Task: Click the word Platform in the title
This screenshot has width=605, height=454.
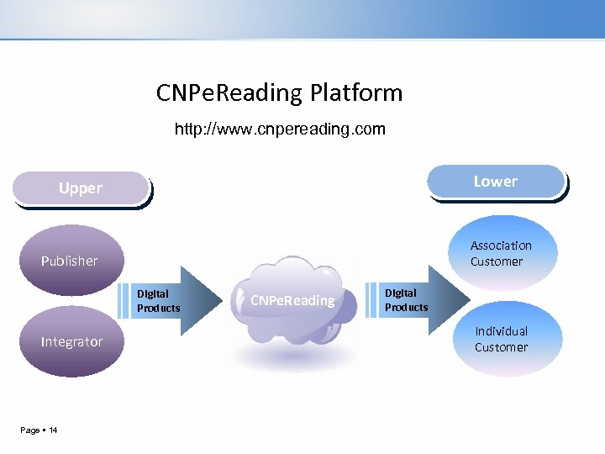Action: click(x=356, y=92)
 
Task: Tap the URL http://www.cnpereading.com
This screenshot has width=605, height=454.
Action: click(x=280, y=129)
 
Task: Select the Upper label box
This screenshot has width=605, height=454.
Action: click(x=81, y=188)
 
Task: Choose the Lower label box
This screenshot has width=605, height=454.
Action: click(x=496, y=182)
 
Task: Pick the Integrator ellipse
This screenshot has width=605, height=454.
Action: click(x=72, y=341)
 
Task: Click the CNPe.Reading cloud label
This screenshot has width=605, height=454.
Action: click(x=293, y=300)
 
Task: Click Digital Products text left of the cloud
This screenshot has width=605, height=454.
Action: click(x=158, y=301)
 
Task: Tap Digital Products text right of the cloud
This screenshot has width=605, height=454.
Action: click(x=406, y=300)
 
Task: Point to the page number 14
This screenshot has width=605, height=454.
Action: click(x=53, y=430)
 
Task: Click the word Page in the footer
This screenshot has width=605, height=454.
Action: click(x=29, y=430)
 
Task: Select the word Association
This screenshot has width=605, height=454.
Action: click(x=501, y=245)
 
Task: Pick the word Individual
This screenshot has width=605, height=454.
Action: click(x=501, y=331)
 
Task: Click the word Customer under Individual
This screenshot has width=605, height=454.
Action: click(x=501, y=347)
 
